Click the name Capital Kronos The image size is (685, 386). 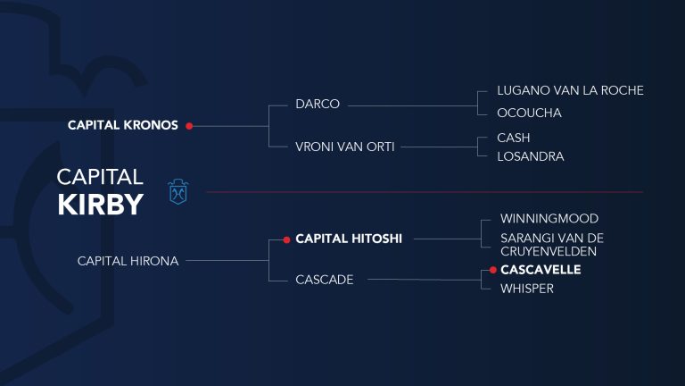pyautogui.click(x=123, y=125)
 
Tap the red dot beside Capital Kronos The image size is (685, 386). pyautogui.click(x=189, y=126)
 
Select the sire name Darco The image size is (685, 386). pyautogui.click(x=318, y=105)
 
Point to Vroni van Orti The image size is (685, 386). pyautogui.click(x=344, y=147)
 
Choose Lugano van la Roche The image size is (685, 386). pyautogui.click(x=570, y=90)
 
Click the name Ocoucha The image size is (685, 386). pyautogui.click(x=529, y=113)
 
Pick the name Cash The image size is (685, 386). pyautogui.click(x=514, y=138)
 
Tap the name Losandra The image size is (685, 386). pyautogui.click(x=531, y=156)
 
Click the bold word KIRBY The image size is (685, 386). pyautogui.click(x=101, y=205)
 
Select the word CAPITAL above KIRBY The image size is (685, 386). pyautogui.click(x=100, y=177)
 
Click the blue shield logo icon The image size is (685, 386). pyautogui.click(x=178, y=192)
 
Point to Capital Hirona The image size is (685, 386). pyautogui.click(x=128, y=261)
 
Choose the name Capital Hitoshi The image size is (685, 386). pyautogui.click(x=349, y=239)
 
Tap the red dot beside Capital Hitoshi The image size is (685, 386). pyautogui.click(x=286, y=239)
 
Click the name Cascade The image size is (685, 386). pyautogui.click(x=324, y=280)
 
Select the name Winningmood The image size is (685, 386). pyautogui.click(x=549, y=218)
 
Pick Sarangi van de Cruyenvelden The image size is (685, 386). pyautogui.click(x=552, y=245)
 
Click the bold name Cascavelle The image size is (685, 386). pyautogui.click(x=541, y=270)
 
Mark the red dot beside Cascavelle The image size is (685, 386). pyautogui.click(x=492, y=270)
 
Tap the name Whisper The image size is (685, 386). pyautogui.click(x=527, y=289)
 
